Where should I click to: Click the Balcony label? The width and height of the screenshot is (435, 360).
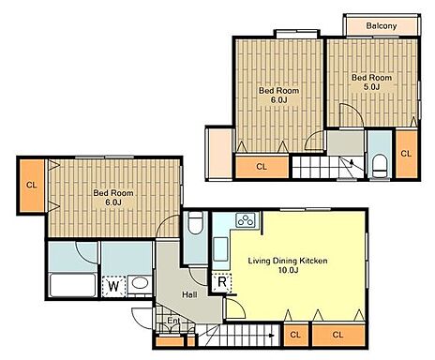coord(382,25)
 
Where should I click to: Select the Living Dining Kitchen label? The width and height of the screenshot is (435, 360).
coord(288,261)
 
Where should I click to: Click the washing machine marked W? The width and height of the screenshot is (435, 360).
coord(114,286)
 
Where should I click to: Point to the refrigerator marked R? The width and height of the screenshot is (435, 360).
coord(222,282)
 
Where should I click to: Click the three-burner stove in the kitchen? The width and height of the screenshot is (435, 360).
coord(246,220)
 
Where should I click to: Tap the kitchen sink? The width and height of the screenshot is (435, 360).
coord(220,248)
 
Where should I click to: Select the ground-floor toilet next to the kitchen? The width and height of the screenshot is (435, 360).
coord(196,222)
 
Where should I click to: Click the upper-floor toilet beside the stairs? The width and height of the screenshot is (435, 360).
coord(381,166)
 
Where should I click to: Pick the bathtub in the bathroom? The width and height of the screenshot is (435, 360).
coord(72,285)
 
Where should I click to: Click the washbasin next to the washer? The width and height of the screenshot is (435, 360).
coord(140,283)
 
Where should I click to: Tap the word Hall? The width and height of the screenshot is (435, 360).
coord(189,294)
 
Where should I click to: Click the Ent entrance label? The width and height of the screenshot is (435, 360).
coord(173,321)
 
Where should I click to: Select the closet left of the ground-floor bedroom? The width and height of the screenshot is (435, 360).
coord(32,185)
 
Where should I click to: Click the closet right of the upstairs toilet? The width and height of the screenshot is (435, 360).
coord(406,154)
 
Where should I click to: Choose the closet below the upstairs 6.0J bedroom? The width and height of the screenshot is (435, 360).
coord(262,167)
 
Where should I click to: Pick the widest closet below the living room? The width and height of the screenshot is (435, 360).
coord(338,335)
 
